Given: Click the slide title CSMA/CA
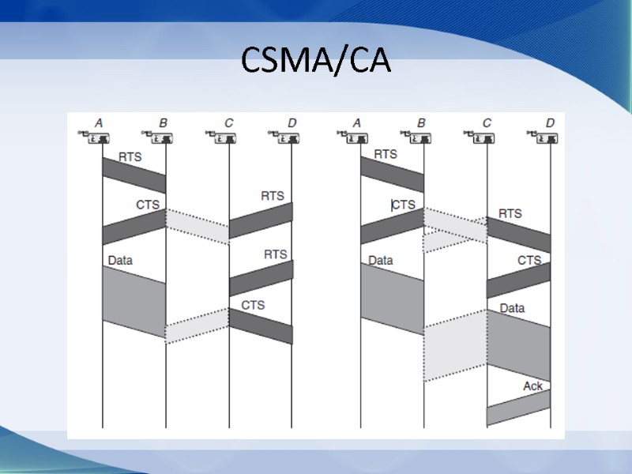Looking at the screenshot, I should (316, 60).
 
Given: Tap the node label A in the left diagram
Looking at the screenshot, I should (99, 123).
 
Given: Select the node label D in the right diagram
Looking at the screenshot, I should (550, 123).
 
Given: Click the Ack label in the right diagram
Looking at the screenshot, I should (533, 386).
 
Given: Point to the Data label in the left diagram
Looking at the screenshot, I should (120, 260).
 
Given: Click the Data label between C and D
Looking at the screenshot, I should (512, 308).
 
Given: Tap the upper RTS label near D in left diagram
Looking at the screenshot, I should (273, 196).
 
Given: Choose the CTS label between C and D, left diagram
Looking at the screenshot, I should (253, 305).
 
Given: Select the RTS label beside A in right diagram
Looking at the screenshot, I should (386, 154).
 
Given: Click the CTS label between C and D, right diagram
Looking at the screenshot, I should (529, 260).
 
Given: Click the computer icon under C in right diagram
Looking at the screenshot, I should (483, 138).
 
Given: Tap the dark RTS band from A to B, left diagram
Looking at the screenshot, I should (134, 175).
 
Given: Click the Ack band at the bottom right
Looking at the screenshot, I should (518, 408).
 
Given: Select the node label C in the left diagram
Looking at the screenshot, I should (229, 123).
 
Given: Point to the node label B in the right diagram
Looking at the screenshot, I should (421, 123).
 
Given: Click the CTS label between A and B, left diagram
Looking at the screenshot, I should (147, 205).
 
